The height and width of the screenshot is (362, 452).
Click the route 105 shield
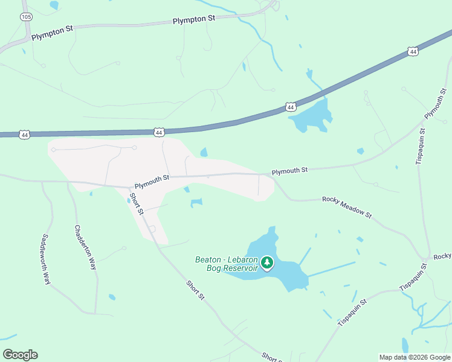[26, 17]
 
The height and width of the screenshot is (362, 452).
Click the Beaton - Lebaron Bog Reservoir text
[226, 264]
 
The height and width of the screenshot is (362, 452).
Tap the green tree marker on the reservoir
[267, 262]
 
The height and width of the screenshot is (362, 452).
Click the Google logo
[20, 354]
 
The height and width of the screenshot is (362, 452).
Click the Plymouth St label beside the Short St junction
[152, 178]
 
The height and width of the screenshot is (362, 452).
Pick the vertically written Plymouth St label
[435, 103]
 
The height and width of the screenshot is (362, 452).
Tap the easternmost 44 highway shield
[413, 52]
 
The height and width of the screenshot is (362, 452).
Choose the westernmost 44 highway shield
[24, 135]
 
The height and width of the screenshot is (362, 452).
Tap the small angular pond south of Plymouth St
[196, 203]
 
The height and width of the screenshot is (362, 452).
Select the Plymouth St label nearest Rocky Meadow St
[289, 171]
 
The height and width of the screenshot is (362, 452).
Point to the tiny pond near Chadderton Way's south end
[112, 297]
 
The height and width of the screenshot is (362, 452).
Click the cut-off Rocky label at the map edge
[442, 256]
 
